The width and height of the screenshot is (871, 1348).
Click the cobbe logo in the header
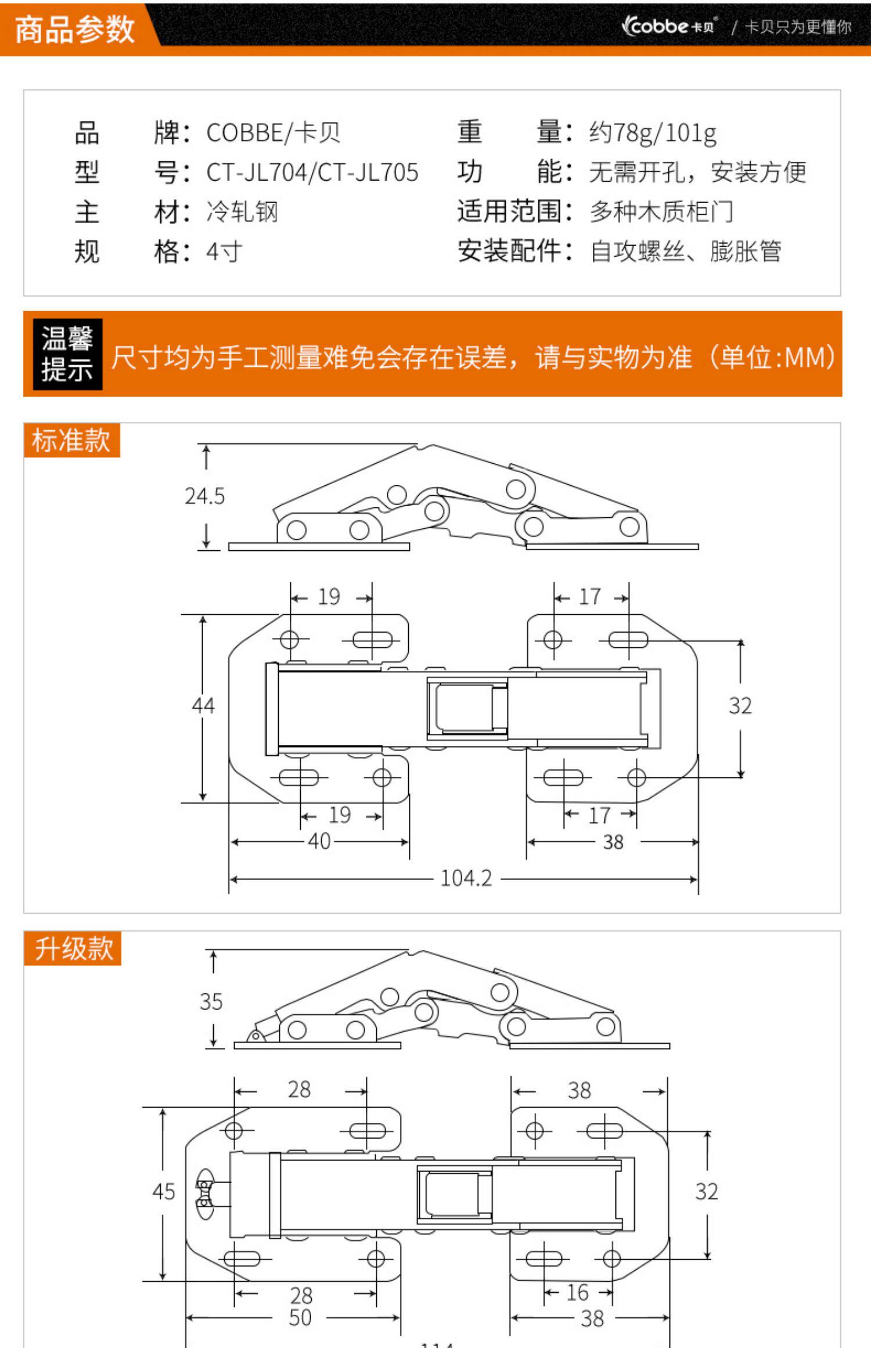click(x=668, y=26)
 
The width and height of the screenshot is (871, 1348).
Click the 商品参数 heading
click(x=74, y=29)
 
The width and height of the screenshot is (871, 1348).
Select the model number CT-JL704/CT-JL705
click(x=312, y=172)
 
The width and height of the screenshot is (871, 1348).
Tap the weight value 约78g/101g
click(x=652, y=133)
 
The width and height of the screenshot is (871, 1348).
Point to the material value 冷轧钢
click(x=242, y=212)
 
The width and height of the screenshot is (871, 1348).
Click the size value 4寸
click(x=224, y=252)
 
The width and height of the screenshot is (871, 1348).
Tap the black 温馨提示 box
click(x=67, y=354)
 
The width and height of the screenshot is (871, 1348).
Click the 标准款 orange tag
click(x=71, y=440)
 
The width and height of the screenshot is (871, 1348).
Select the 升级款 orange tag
click(x=73, y=949)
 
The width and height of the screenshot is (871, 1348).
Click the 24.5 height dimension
click(x=204, y=496)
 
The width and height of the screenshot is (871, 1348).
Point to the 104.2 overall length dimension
click(x=466, y=878)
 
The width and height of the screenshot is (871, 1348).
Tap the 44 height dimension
click(x=203, y=706)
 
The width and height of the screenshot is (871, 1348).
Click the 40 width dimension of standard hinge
click(x=319, y=841)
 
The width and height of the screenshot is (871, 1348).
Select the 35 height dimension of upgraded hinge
click(x=211, y=1001)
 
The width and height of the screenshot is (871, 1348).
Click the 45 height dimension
click(x=163, y=1192)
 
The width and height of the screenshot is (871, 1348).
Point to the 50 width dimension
click(x=300, y=1318)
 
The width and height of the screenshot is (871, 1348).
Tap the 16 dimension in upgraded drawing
click(x=577, y=1292)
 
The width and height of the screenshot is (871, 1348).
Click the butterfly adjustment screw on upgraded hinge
click(x=205, y=1192)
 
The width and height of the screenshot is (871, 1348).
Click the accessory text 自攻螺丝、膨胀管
click(x=686, y=252)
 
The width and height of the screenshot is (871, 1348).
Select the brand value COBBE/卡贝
click(x=273, y=133)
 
